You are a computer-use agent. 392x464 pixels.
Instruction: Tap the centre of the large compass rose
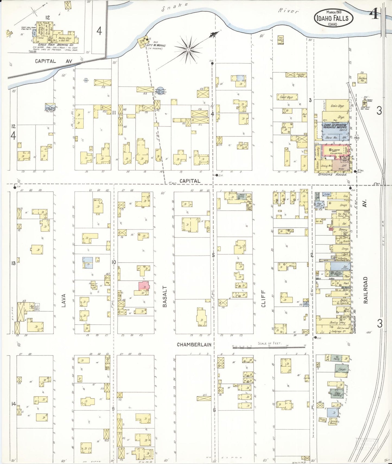point(188,50)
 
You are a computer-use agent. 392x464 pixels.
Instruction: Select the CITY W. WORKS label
point(160,45)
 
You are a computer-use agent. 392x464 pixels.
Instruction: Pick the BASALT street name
point(165,296)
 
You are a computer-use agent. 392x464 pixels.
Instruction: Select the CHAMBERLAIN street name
point(194,344)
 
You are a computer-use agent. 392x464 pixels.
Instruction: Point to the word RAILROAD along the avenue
point(365,290)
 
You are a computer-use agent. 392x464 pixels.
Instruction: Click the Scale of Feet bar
point(269,346)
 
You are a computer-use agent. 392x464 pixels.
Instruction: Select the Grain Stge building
point(337,106)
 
